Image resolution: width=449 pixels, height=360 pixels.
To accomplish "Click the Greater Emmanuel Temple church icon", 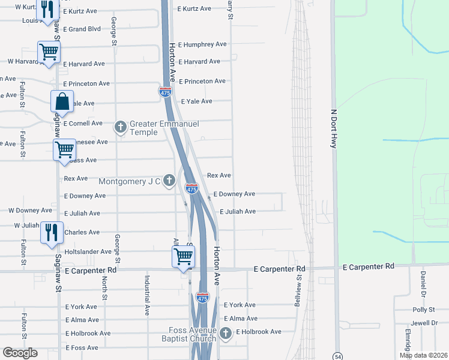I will click(121, 127).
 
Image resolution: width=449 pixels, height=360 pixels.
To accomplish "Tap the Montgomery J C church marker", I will click(169, 181).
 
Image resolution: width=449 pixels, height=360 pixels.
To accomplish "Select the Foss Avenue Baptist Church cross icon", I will click(226, 334).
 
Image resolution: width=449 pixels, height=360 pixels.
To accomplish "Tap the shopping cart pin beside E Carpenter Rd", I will click(184, 256).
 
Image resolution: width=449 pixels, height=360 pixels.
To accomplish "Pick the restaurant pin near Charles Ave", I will click(52, 232).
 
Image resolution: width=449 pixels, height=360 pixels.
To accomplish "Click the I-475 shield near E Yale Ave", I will click(166, 92).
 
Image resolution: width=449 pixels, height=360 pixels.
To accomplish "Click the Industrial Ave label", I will click(146, 295).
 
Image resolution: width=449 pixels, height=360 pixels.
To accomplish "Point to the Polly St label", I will click(423, 310).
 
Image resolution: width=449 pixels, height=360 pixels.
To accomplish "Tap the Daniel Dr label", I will click(423, 282).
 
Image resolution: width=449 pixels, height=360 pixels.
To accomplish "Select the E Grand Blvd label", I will click(82, 29).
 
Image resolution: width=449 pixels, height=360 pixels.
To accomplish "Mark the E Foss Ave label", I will click(82, 348).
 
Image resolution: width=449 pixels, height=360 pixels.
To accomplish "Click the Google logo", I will click(20, 353).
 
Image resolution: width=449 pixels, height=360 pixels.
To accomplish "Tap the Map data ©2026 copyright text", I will click(423, 355).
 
